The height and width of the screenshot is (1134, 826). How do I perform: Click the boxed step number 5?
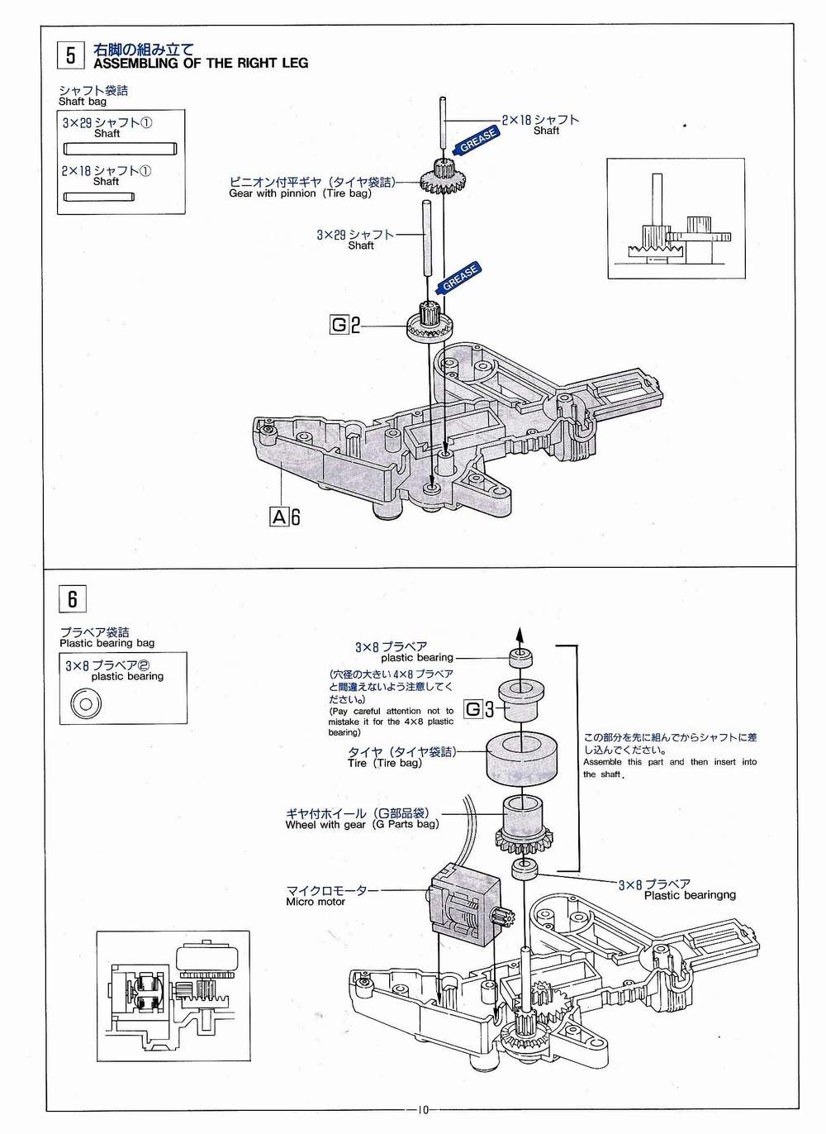coord(70,55)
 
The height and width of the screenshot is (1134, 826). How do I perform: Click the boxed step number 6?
coord(72,598)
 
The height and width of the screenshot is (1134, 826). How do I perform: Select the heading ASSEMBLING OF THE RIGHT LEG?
coord(201,63)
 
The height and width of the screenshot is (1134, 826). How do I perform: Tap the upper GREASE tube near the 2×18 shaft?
coord(476,141)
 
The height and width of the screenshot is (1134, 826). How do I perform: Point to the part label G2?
coord(345,325)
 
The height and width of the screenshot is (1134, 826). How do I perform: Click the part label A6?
coord(285,517)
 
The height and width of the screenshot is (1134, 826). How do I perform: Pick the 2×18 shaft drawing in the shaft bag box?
coord(98,197)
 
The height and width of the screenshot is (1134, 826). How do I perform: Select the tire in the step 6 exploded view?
coord(524,760)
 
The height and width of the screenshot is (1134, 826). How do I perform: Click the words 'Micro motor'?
coord(316,902)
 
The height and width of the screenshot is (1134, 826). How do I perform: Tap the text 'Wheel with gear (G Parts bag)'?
coord(362,824)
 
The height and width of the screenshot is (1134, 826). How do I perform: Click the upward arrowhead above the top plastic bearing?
coord(520,636)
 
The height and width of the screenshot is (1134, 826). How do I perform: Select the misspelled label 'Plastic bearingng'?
coord(690,895)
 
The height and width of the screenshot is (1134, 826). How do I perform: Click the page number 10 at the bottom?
coord(422,1110)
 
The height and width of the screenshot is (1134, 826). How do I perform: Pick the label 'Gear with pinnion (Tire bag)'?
coord(300,193)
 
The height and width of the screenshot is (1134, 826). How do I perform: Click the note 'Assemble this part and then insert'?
coord(669,762)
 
